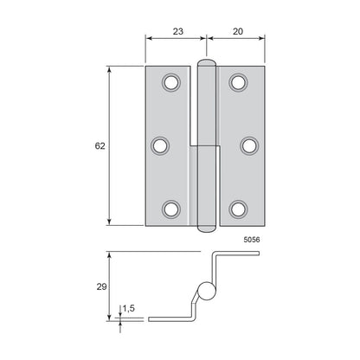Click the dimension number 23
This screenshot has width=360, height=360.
pyautogui.click(x=178, y=31)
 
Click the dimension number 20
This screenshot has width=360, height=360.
pyautogui.click(x=238, y=31)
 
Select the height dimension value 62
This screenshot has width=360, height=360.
pyautogui.click(x=100, y=146)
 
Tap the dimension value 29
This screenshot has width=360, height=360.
pyautogui.click(x=101, y=286)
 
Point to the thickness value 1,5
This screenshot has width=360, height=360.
pyautogui.click(x=129, y=308)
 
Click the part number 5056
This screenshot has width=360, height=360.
pyautogui.click(x=252, y=240)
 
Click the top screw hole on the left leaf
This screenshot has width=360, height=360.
pyautogui.click(x=171, y=82)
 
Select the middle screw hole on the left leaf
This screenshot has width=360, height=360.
pyautogui.click(x=160, y=146)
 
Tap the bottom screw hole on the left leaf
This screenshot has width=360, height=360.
pyautogui.click(x=171, y=209)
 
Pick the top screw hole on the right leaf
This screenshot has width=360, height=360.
pyautogui.click(x=238, y=82)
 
